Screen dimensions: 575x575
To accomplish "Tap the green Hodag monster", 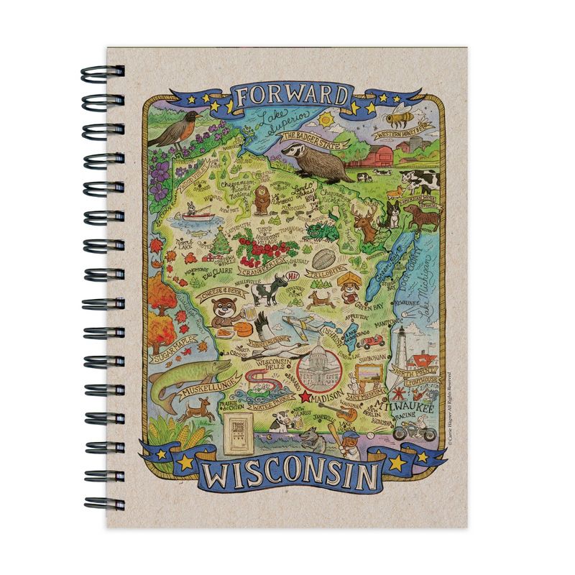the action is click(317, 231).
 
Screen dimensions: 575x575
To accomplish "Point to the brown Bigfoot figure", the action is click(261, 201).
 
